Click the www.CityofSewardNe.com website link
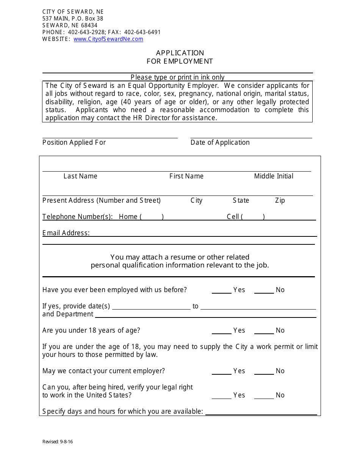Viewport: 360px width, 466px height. click(x=108, y=39)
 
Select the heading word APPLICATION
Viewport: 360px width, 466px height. click(x=180, y=53)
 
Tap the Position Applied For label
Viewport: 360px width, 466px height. click(x=74, y=142)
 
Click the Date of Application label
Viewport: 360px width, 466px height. click(x=220, y=142)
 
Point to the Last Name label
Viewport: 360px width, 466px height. click(x=80, y=176)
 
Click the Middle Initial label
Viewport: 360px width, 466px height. click(x=274, y=176)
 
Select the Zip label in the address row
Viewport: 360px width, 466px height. click(x=280, y=200)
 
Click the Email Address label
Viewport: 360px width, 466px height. click(x=66, y=233)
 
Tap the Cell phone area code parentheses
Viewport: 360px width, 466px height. click(x=253, y=217)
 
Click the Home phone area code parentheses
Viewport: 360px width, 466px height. click(x=152, y=217)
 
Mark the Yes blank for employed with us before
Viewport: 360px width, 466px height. click(x=222, y=291)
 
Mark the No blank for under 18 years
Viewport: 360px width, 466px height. click(x=264, y=331)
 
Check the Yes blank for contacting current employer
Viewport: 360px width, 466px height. click(x=222, y=372)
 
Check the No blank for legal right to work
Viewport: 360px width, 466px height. click(x=264, y=396)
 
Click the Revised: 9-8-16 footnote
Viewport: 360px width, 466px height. click(x=58, y=441)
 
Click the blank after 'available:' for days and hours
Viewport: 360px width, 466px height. click(x=261, y=412)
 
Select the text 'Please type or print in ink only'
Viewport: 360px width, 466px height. click(x=178, y=77)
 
